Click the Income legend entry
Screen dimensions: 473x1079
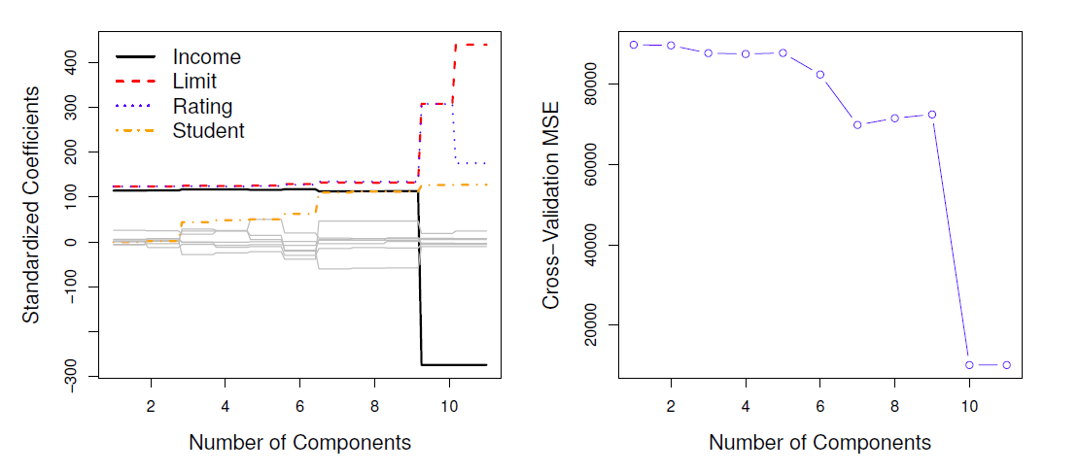tap(206, 57)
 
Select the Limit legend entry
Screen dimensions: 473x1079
tap(194, 82)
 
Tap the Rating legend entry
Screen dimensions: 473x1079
tap(202, 106)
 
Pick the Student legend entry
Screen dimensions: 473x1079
tap(208, 130)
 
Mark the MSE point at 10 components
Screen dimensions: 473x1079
tap(969, 365)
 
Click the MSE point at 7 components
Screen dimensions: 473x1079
tap(857, 124)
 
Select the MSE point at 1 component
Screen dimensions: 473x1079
tap(634, 45)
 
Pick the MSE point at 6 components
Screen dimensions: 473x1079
tap(820, 74)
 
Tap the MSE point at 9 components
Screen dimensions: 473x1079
tap(932, 115)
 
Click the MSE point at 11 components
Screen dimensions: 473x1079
tap(1007, 365)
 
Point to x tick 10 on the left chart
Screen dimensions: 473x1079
tap(448, 403)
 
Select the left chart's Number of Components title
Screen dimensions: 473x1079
tap(299, 443)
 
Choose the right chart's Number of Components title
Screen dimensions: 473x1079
tap(819, 443)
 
